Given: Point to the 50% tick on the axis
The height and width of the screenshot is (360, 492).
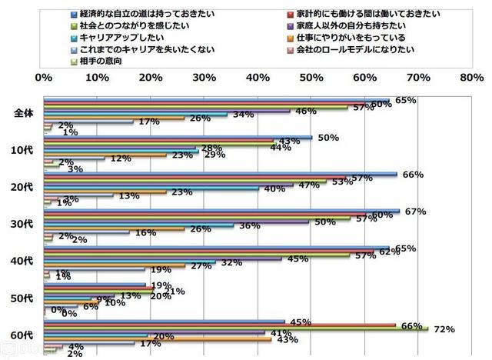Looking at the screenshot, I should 311,77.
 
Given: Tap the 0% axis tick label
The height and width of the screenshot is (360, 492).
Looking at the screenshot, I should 44,77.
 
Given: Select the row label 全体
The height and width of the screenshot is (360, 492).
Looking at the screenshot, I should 25,113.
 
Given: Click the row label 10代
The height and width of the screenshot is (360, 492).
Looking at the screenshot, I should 25,150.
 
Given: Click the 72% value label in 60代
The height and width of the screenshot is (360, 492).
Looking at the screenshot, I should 444,329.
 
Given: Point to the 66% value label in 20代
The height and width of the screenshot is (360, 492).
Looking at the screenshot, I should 414,175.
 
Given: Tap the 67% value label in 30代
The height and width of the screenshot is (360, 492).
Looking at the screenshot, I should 415,212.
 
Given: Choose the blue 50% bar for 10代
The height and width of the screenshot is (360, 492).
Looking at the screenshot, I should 178,138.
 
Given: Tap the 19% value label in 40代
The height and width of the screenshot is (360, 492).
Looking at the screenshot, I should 161,270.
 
